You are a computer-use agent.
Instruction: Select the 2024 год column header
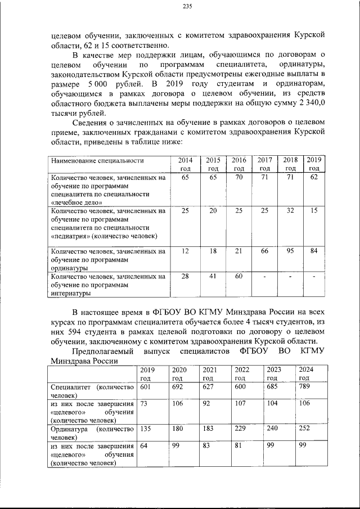(x=306, y=373)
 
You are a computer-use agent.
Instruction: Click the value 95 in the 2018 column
(x=290, y=251)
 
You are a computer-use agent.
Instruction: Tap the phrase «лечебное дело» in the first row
(x=76, y=201)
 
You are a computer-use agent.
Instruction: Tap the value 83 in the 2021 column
(x=206, y=445)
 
